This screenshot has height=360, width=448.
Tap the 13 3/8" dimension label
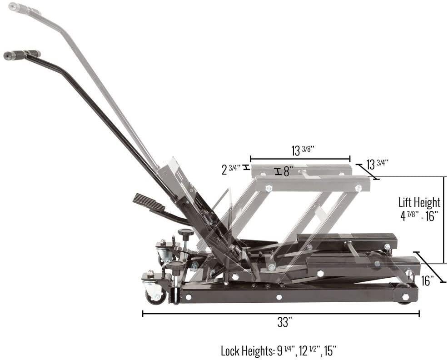click(x=303, y=150)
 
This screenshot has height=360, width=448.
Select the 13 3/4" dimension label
click(x=377, y=165)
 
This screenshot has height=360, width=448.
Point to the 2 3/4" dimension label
click(x=232, y=169)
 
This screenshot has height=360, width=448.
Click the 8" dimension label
click(x=289, y=171)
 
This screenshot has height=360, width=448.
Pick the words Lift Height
click(x=419, y=202)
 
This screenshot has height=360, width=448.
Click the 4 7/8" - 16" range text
click(x=419, y=216)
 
